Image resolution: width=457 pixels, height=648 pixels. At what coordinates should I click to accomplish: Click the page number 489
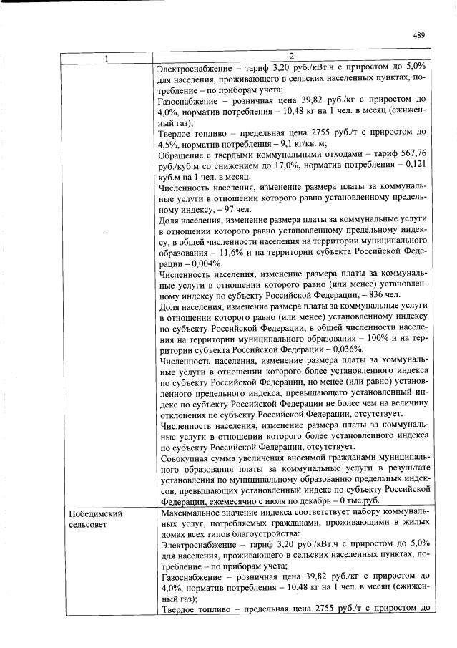point(420,35)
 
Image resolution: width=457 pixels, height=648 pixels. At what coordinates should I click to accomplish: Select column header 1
point(107,57)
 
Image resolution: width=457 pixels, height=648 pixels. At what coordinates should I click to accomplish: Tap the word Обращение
point(182,162)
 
